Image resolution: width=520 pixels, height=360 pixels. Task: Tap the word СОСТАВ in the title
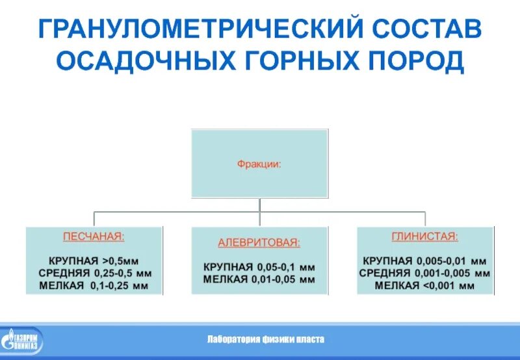426,29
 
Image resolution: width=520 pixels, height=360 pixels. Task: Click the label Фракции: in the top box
259,164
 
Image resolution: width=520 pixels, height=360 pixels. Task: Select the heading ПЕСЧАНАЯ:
94,237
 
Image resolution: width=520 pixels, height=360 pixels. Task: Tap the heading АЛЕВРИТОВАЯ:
259,243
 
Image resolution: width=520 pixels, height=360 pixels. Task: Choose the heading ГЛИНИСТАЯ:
425,237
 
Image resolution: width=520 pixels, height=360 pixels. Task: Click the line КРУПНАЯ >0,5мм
94,260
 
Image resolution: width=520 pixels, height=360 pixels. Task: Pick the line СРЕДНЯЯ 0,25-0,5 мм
94,272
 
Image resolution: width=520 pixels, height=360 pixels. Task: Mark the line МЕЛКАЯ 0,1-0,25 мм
94,285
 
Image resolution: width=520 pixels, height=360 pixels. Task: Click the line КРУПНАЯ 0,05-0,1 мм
259,267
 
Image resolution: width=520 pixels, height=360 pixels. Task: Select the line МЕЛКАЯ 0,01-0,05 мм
259,279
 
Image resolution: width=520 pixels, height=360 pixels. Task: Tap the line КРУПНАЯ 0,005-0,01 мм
425,261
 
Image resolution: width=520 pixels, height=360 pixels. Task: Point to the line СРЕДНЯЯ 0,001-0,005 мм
425,273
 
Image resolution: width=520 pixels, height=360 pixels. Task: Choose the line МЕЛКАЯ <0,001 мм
425,285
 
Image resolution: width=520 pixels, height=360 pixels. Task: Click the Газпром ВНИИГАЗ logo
22,342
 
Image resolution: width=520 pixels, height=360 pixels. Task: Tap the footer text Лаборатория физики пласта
265,340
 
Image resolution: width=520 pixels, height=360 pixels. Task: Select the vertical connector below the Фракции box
259,205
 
